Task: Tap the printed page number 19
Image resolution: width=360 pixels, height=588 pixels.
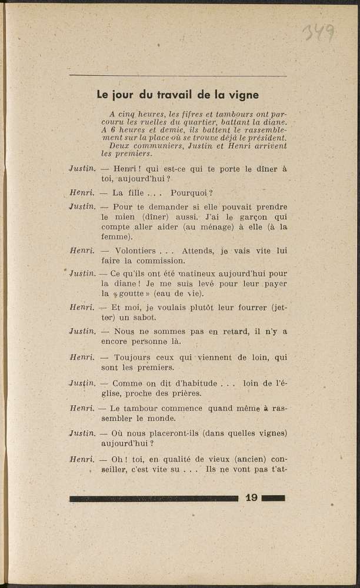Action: point(251,498)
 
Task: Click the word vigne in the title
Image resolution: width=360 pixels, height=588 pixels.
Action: point(242,94)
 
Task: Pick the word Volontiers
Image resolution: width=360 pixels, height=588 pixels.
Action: point(135,250)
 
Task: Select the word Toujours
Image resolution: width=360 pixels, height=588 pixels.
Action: point(132,357)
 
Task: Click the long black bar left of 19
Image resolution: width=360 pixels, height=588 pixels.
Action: point(154,499)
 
